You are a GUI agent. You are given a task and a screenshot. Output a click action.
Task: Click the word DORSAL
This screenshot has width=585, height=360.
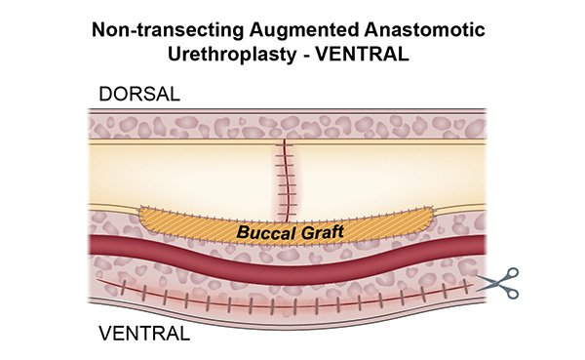[x=136, y=94]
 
